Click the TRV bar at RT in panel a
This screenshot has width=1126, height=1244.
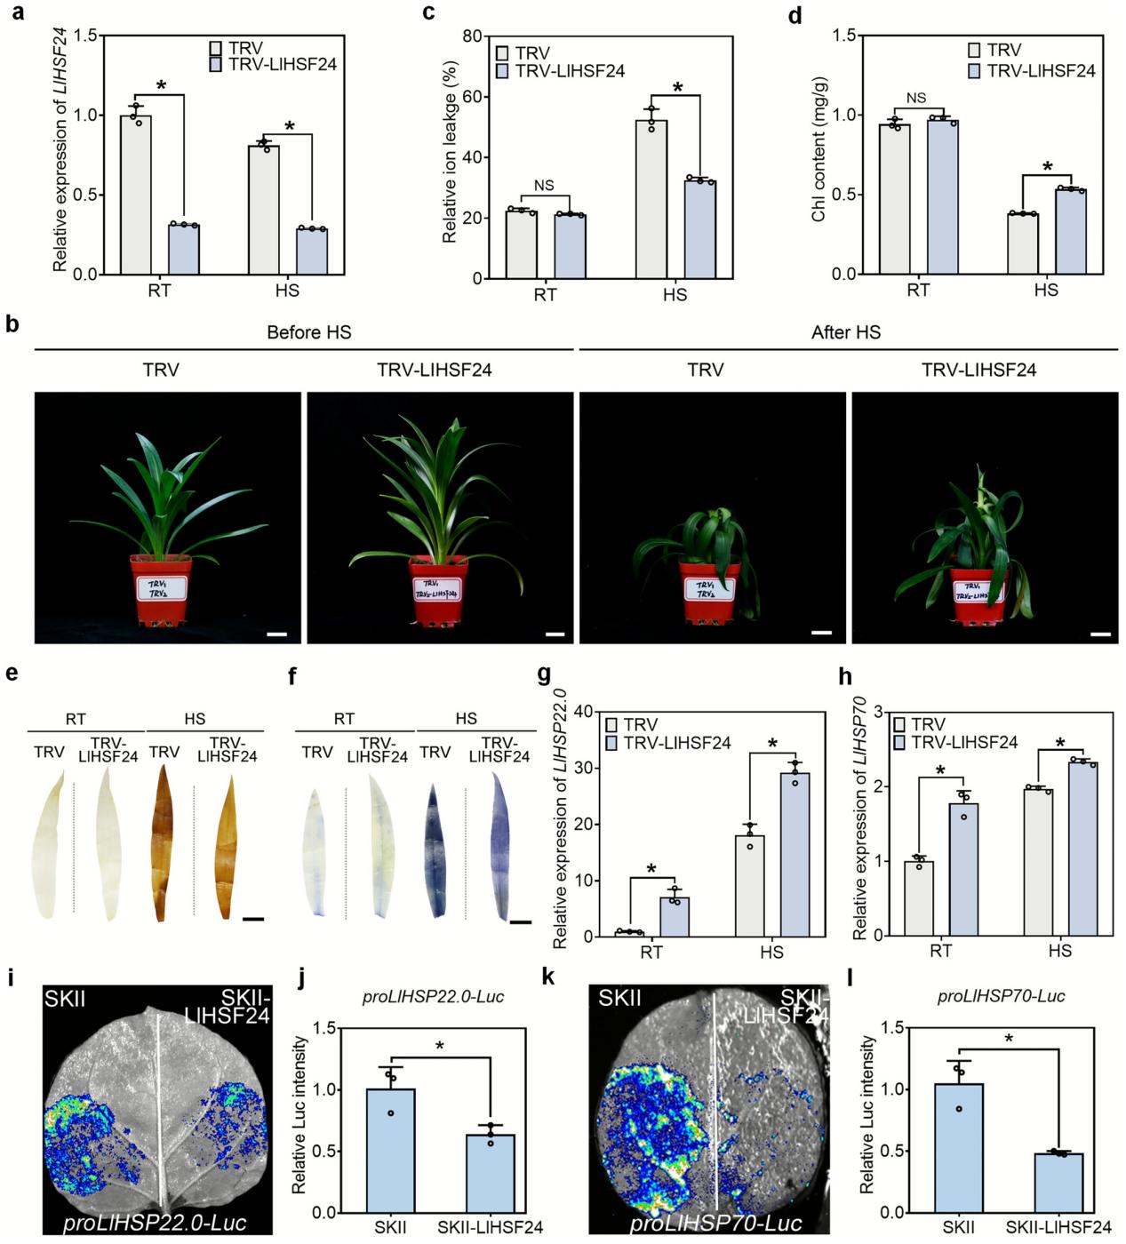coord(136,195)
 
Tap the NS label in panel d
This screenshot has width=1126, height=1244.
coord(915,99)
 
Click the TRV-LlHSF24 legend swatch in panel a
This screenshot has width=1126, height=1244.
coord(216,65)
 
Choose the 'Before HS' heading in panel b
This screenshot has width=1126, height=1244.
coord(308,332)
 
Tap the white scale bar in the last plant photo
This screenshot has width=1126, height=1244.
coord(1100,634)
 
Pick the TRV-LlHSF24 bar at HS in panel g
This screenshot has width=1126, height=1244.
coord(795,854)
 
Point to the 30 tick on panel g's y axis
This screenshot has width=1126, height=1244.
coord(583,768)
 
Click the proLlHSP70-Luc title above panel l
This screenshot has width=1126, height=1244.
coord(1001,996)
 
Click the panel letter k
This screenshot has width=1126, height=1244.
coord(547,977)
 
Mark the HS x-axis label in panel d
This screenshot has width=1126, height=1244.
coord(1046,290)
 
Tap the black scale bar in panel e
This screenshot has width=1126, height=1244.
coord(253,919)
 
